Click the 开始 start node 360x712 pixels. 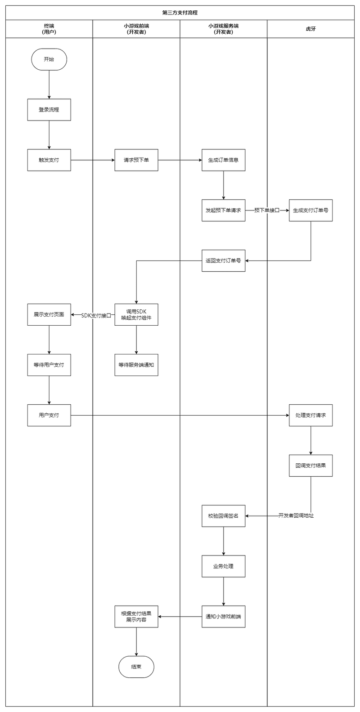point(49,59)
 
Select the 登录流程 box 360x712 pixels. point(49,110)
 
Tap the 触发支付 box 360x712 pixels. point(49,160)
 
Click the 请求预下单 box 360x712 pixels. point(136,160)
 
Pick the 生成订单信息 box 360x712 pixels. point(224,160)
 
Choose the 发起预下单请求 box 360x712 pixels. point(224,210)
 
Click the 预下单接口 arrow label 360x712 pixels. point(267,210)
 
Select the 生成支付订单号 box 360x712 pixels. point(311,210)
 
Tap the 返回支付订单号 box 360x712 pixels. point(224,261)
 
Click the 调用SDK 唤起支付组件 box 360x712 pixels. point(136,315)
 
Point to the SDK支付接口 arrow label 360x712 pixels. point(96,316)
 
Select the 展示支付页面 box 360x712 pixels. point(49,315)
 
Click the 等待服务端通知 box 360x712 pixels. point(136,365)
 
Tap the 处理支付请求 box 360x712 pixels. point(311,416)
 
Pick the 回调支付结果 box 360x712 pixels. point(311,466)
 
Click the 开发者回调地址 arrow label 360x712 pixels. point(296,516)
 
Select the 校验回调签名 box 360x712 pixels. point(224,516)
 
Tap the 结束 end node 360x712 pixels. point(136,667)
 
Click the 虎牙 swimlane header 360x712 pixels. point(311,29)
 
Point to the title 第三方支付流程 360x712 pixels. point(180,13)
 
